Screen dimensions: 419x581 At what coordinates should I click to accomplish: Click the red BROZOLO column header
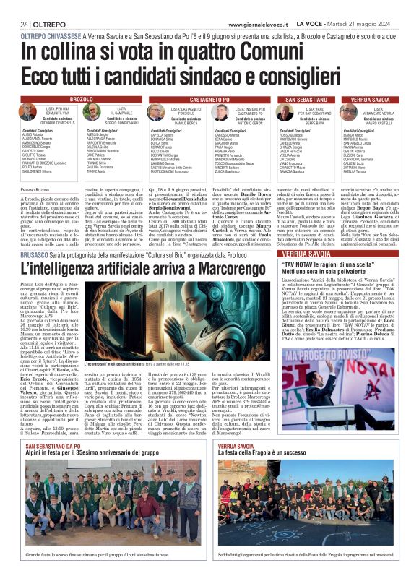click(x=80, y=98)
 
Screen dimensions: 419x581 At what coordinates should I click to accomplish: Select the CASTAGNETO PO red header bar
click(x=209, y=98)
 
